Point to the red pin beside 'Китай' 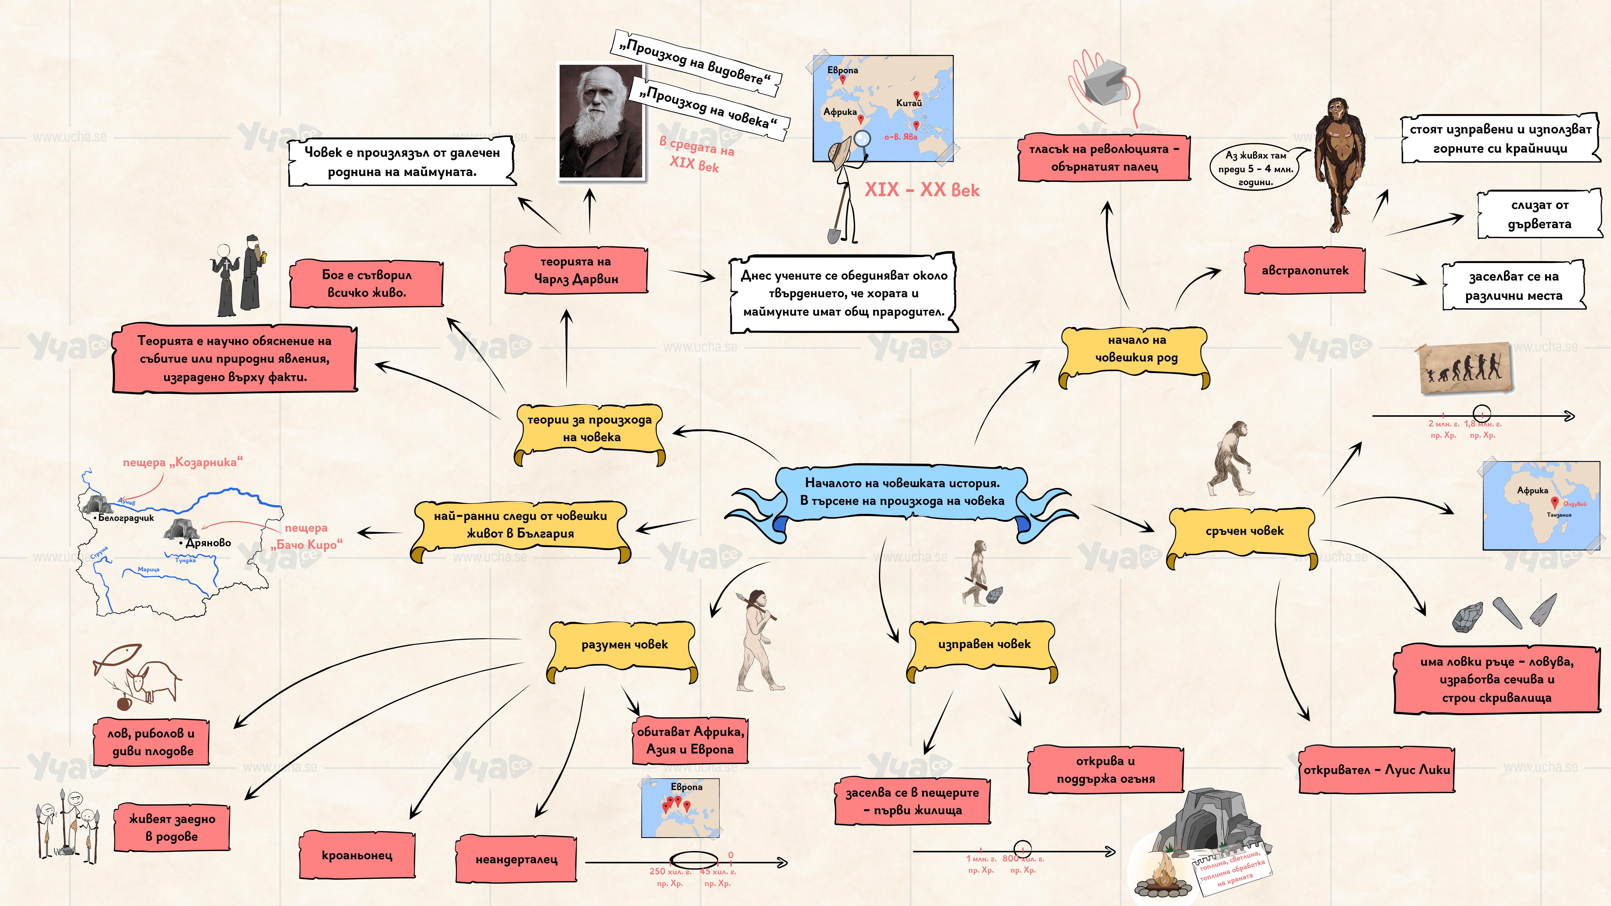pyautogui.click(x=916, y=96)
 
